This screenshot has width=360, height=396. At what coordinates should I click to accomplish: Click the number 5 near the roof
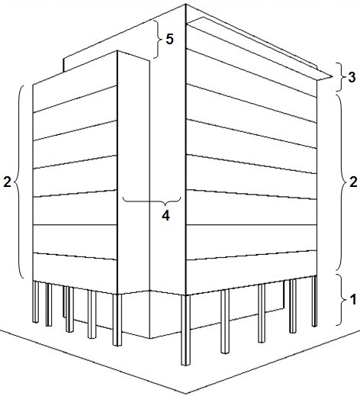point(169,39)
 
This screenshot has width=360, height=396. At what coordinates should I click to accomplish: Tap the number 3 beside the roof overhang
point(352,77)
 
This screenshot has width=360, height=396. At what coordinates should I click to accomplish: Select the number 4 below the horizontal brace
point(166,216)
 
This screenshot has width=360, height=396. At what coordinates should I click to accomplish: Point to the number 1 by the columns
point(353,299)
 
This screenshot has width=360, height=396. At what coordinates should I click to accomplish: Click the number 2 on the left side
point(7,182)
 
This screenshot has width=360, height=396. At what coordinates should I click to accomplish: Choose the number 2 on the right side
point(353,182)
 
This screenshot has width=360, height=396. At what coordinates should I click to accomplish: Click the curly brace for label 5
point(158,39)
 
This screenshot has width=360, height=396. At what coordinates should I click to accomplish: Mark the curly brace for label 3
point(341,77)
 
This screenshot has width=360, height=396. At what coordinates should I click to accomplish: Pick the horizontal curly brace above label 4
point(152,201)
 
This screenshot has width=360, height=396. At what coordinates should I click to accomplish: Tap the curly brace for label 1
point(342,300)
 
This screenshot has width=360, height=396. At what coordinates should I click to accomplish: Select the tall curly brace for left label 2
point(19,182)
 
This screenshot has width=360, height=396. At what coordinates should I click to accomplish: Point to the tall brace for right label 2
point(342,182)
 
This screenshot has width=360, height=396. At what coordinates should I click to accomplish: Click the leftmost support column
point(36,301)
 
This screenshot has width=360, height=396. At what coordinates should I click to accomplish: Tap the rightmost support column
point(314,301)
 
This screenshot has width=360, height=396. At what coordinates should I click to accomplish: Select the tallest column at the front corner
point(186,330)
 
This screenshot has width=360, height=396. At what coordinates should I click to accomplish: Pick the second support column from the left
point(49,304)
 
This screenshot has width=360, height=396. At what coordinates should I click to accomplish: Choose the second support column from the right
point(293,306)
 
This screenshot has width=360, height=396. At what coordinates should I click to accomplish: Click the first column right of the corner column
point(225,321)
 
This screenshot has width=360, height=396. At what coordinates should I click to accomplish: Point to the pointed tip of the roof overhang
point(333,76)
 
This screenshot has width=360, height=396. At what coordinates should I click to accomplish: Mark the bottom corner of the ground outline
point(186,394)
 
